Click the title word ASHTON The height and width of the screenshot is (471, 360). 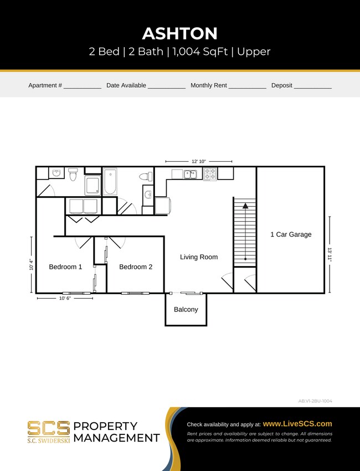coord(179,33)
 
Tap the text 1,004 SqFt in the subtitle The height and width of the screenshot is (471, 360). coord(198,52)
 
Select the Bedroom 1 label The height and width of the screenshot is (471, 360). coord(65,267)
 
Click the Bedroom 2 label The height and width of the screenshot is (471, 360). coord(136,267)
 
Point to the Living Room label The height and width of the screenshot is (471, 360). coord(199,257)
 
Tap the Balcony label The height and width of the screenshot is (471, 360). coord(186,309)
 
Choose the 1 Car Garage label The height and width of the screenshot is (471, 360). coord(291,234)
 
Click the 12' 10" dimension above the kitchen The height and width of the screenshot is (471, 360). coord(199,161)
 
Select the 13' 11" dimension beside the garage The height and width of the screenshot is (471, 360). coord(330,254)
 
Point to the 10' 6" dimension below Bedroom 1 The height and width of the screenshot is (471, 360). coord(65,298)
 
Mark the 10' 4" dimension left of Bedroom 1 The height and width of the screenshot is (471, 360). coord(31,265)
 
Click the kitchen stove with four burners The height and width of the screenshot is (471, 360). coord(210,174)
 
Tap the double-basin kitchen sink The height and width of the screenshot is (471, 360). coord(190,175)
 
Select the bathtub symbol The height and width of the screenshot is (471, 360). coord(110,181)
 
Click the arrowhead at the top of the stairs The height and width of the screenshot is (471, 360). coord(244,206)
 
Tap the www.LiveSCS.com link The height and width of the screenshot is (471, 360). coord(297,424)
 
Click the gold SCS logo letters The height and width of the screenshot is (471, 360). coord(49,428)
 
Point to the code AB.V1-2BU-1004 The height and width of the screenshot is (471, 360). coord(315,401)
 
